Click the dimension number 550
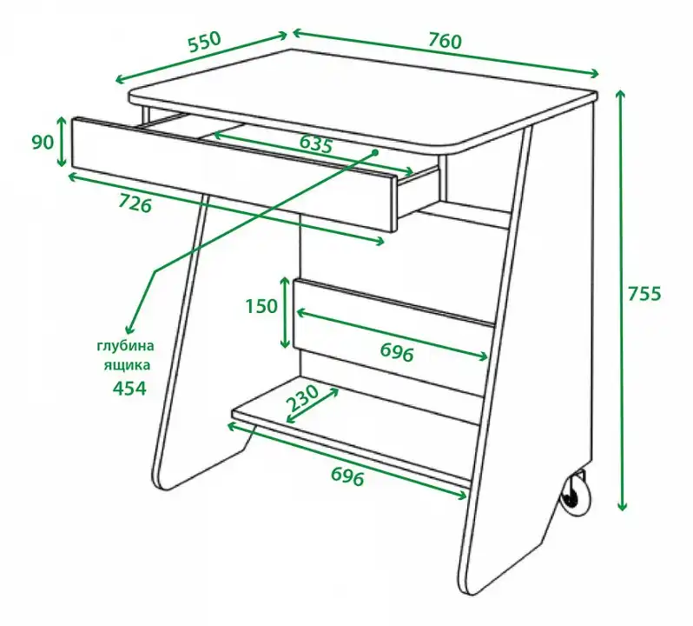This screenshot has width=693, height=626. (204, 42)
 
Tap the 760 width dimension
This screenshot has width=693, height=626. (445, 41)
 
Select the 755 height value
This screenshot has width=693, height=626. (644, 293)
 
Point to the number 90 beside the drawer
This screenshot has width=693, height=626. (43, 142)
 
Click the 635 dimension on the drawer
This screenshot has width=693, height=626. (315, 143)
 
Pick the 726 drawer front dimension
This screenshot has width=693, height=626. (135, 203)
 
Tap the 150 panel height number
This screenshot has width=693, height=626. (261, 306)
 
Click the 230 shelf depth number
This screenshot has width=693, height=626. (302, 397)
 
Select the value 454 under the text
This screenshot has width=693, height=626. (129, 389)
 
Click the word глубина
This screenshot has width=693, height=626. (126, 345)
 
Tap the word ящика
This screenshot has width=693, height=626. (128, 365)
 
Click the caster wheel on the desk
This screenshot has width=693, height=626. (576, 493)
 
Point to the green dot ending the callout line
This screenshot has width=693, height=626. (375, 153)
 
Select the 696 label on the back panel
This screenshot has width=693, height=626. (397, 352)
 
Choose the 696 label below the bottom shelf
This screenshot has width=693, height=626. (347, 476)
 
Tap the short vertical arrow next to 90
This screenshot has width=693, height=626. (62, 142)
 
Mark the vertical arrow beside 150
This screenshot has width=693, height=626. (286, 312)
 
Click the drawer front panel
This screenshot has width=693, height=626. (234, 174)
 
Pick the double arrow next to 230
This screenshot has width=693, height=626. (313, 405)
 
